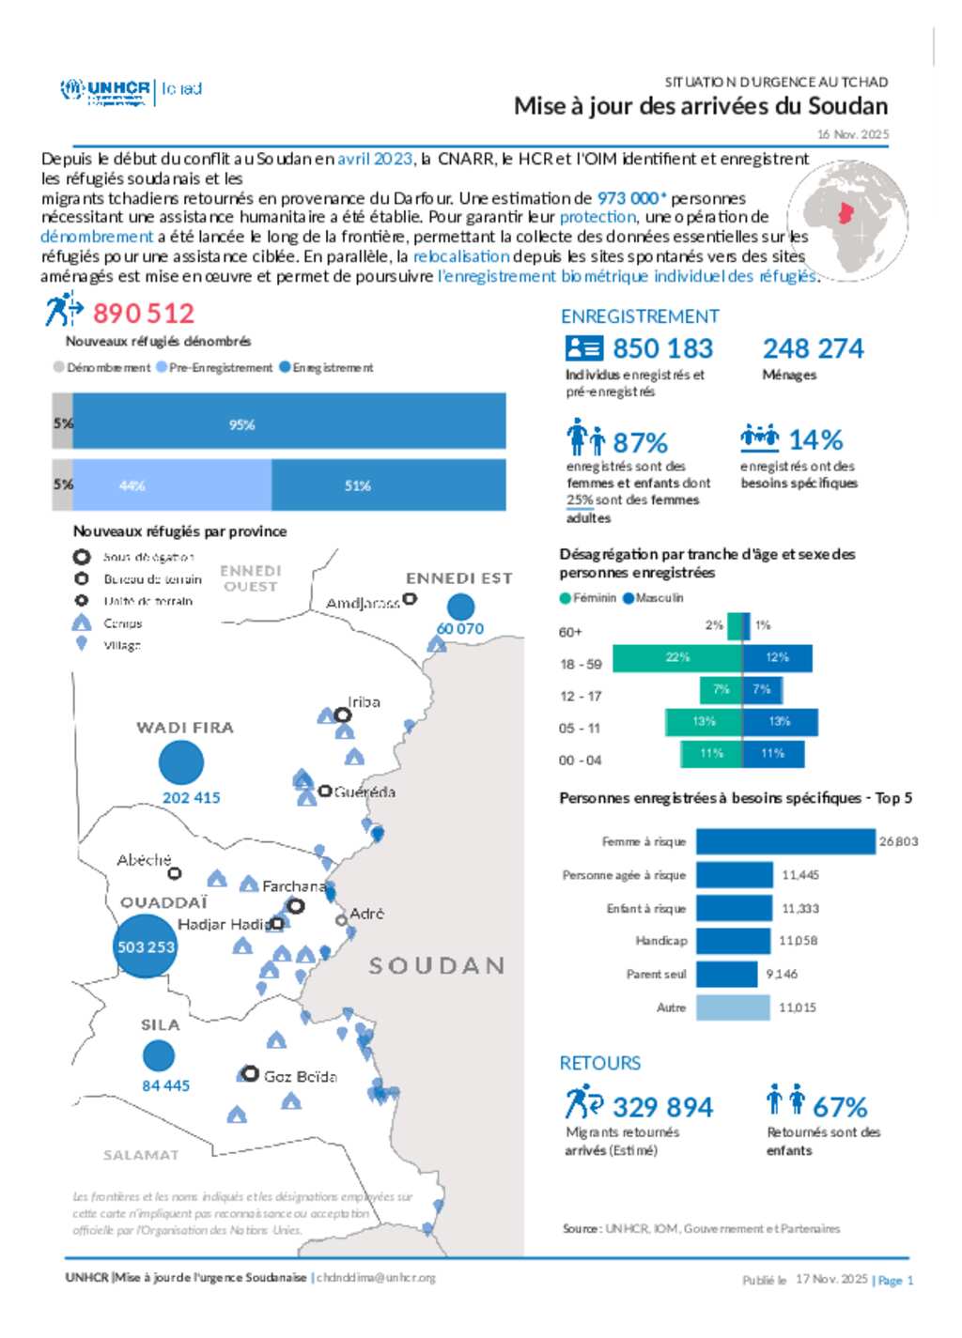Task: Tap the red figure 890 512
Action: point(143,313)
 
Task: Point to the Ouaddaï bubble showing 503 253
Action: point(146,946)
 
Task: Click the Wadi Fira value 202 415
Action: point(191,797)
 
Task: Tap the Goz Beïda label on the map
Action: point(300,1076)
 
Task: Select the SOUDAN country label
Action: point(437,965)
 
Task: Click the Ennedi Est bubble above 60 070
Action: point(460,607)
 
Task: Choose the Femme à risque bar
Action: point(784,841)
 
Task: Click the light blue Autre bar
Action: point(733,1007)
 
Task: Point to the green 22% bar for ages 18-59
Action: point(676,658)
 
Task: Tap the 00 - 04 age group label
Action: point(580,760)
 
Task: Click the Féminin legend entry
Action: point(588,598)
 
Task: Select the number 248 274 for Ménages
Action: point(813,348)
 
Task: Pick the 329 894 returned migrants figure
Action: point(662,1107)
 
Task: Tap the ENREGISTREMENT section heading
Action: point(640,316)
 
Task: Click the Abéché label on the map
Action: point(144,859)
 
